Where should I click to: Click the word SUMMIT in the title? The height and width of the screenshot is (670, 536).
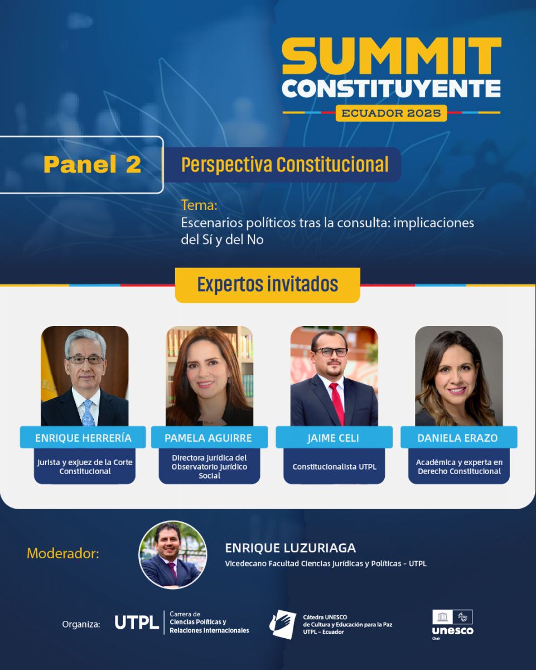(x=392, y=55)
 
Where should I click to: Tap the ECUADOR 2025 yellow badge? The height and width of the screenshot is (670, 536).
(x=391, y=113)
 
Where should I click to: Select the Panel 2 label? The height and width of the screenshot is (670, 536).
(x=93, y=164)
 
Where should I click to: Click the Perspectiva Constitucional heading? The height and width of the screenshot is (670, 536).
(x=285, y=164)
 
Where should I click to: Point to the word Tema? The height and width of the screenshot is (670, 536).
(x=199, y=205)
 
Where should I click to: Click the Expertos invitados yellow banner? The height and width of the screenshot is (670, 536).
(x=268, y=285)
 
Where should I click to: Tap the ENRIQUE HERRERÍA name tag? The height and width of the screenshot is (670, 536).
(x=83, y=437)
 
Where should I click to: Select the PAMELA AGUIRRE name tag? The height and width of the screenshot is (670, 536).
(x=209, y=437)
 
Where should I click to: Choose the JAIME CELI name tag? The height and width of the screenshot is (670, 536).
(x=334, y=437)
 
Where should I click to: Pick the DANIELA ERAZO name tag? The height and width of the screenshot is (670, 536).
(x=459, y=437)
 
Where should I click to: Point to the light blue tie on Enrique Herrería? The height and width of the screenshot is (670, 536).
(x=88, y=413)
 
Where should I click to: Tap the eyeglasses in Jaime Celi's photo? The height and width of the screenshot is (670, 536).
(x=331, y=352)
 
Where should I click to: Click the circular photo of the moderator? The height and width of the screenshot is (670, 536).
(x=173, y=555)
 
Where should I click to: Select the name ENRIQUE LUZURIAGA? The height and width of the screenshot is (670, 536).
(x=290, y=548)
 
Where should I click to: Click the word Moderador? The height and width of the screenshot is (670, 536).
(x=63, y=553)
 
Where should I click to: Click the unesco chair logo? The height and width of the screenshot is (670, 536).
(x=453, y=624)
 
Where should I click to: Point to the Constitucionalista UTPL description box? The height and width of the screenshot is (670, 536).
(x=334, y=466)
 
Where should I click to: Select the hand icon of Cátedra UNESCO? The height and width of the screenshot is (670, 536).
(x=283, y=624)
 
